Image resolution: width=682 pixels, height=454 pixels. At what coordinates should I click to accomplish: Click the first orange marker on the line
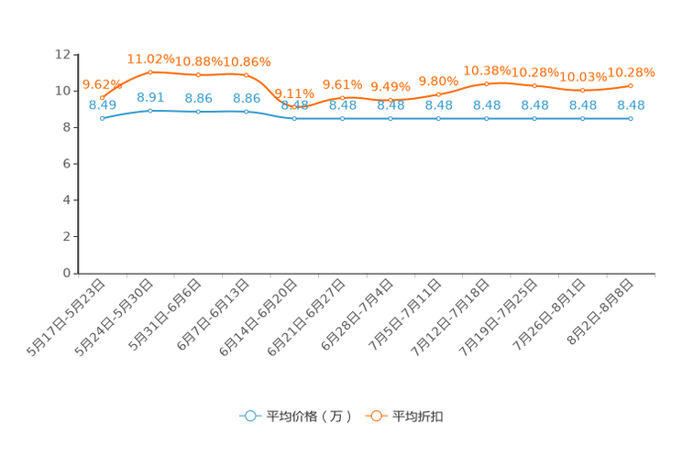pyautogui.click(x=102, y=96)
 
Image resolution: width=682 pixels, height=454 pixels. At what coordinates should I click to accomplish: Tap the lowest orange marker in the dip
pyautogui.click(x=294, y=108)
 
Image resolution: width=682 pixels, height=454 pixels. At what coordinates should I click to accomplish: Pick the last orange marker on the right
pyautogui.click(x=631, y=85)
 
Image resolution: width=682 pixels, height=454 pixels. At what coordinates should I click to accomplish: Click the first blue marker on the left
pyautogui.click(x=102, y=118)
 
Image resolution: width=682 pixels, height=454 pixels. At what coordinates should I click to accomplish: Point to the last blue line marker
pyautogui.click(x=631, y=119)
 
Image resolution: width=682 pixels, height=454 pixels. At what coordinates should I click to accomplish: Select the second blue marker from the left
pyautogui.click(x=149, y=110)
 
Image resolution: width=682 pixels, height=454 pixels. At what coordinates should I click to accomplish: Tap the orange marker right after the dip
pyautogui.click(x=342, y=97)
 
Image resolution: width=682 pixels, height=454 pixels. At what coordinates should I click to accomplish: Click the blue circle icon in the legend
pyautogui.click(x=249, y=416)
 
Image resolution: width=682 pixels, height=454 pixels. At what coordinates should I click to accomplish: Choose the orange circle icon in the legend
pyautogui.click(x=376, y=416)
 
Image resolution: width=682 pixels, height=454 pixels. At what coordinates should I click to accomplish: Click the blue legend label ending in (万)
pyautogui.click(x=308, y=416)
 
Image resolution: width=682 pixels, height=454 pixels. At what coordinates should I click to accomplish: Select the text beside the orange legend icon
pyautogui.click(x=419, y=416)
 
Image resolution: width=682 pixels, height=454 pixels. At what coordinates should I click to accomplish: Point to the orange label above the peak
pyautogui.click(x=149, y=58)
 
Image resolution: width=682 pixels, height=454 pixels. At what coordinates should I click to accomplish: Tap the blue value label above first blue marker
pyautogui.click(x=102, y=104)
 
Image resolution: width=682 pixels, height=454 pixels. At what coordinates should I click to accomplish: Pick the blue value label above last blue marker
pyautogui.click(x=632, y=104)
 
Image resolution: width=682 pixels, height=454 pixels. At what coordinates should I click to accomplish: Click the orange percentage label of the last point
pyautogui.click(x=632, y=70)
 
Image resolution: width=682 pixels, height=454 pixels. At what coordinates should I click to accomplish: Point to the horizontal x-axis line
pyautogui.click(x=367, y=273)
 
